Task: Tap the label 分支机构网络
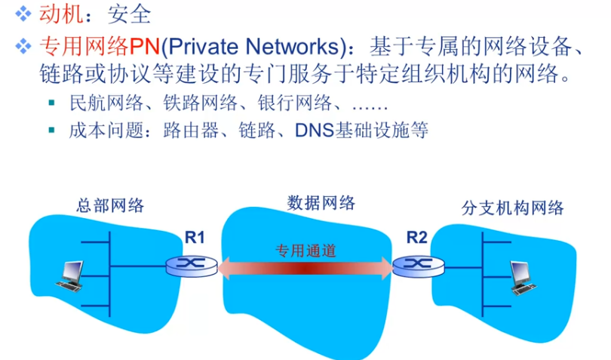512,208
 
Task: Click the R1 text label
195,238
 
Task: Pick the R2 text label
416,238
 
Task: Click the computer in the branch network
522,276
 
